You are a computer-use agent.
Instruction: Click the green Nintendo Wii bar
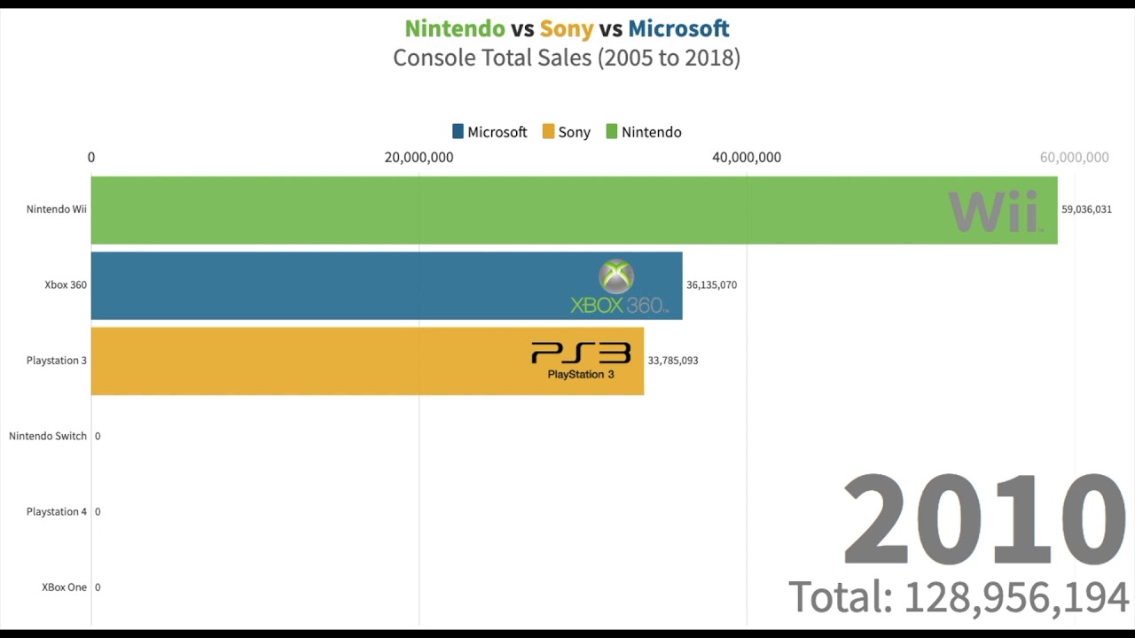(x=532, y=210)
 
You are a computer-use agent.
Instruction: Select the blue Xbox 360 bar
(x=355, y=285)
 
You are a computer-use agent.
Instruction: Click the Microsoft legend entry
(x=489, y=132)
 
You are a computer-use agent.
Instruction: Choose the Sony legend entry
(x=567, y=132)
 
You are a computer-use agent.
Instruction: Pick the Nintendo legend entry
(x=644, y=132)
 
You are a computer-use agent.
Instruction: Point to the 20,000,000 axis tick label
(x=419, y=158)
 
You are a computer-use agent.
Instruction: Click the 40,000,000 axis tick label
(x=747, y=158)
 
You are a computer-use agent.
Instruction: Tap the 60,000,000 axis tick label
(x=1074, y=158)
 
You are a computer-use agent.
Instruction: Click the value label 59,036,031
(x=1086, y=210)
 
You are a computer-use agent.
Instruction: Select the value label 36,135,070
(x=711, y=285)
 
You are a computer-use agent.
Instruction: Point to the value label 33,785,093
(x=672, y=361)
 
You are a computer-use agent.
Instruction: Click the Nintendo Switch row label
(x=48, y=436)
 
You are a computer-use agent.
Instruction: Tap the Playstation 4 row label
(x=57, y=511)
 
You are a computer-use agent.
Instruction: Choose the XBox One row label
(x=64, y=587)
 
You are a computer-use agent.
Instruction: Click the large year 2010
(x=984, y=521)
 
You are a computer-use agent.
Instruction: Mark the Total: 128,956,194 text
(x=959, y=597)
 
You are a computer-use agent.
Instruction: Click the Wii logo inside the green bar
(x=994, y=212)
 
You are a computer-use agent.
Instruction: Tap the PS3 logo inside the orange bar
(x=581, y=361)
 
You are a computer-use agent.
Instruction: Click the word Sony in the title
(x=566, y=28)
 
